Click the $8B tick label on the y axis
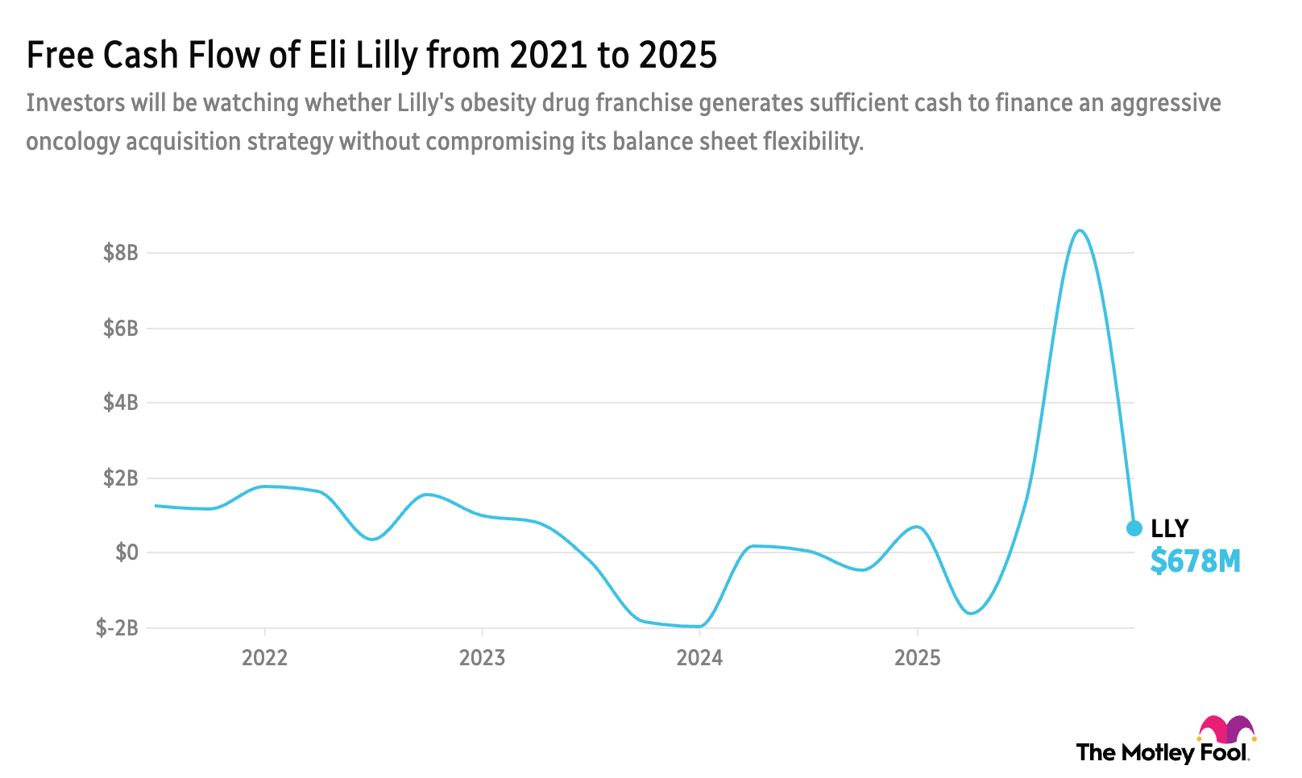tap(121, 253)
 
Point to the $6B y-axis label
tap(121, 329)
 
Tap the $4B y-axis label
tap(121, 403)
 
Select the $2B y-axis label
tap(121, 478)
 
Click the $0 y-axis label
tap(127, 552)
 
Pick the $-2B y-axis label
tap(117, 628)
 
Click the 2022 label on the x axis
tap(265, 658)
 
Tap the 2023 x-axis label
tap(482, 658)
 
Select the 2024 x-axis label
tap(699, 658)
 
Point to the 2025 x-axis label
tap(917, 658)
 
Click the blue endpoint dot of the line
tap(1134, 528)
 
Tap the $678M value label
tap(1195, 561)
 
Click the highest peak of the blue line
tap(1080, 230)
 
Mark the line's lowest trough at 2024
tap(698, 627)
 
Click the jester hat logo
tap(1226, 730)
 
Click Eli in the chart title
tap(325, 55)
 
